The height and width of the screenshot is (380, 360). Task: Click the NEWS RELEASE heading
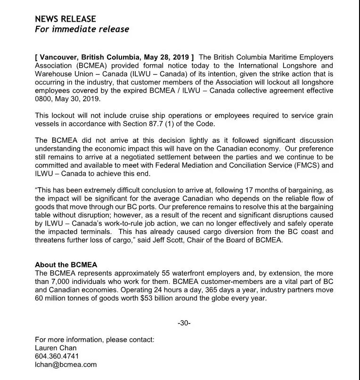pyautogui.click(x=65, y=19)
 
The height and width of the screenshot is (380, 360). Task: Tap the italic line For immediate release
pyautogui.click(x=82, y=29)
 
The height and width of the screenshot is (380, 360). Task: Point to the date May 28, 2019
pyautogui.click(x=165, y=57)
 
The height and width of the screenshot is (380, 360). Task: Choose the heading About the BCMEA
pyautogui.click(x=66, y=265)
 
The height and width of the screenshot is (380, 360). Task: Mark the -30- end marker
pyautogui.click(x=184, y=323)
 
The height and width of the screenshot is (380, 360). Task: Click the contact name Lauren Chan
pyautogui.click(x=56, y=348)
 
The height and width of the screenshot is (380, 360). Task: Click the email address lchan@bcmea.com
pyautogui.click(x=66, y=364)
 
